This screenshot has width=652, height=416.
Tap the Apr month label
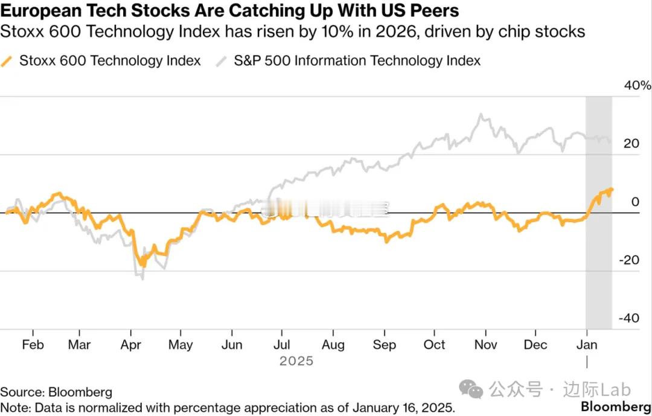131,345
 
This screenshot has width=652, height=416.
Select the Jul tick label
282,345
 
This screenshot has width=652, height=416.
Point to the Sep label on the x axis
384,345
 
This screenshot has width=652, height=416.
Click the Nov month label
485,345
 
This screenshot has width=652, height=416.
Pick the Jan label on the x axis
587,345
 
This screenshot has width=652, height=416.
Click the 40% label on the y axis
638,86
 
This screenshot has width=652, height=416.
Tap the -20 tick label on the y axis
630,260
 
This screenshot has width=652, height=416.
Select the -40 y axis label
630,318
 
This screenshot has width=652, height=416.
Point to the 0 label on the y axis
634,202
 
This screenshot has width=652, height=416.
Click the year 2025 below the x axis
296,361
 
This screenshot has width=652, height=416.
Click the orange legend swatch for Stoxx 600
7,60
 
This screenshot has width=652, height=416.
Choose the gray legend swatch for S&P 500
223,60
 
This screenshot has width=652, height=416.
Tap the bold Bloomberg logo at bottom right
616,406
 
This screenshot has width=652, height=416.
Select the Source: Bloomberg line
56,392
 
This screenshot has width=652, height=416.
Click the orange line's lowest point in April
142,264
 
